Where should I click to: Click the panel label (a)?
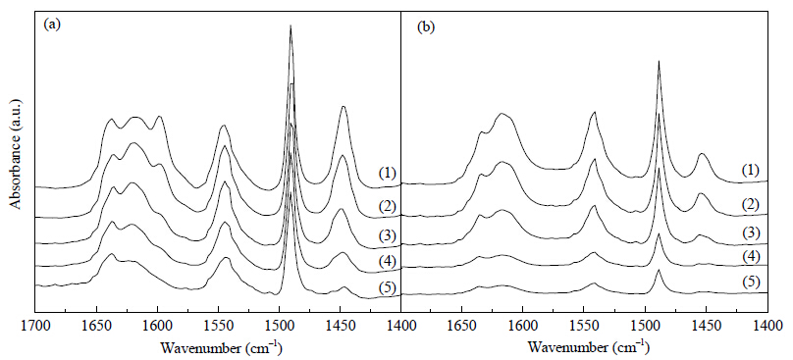click(52, 25)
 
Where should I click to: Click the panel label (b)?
click(425, 27)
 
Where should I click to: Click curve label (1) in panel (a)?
click(387, 173)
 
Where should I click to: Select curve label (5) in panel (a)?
click(387, 287)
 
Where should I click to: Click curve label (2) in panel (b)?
click(751, 204)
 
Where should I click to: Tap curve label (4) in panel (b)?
click(751, 256)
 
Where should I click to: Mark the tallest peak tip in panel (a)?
click(291, 25)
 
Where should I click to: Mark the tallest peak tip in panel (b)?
click(659, 61)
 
